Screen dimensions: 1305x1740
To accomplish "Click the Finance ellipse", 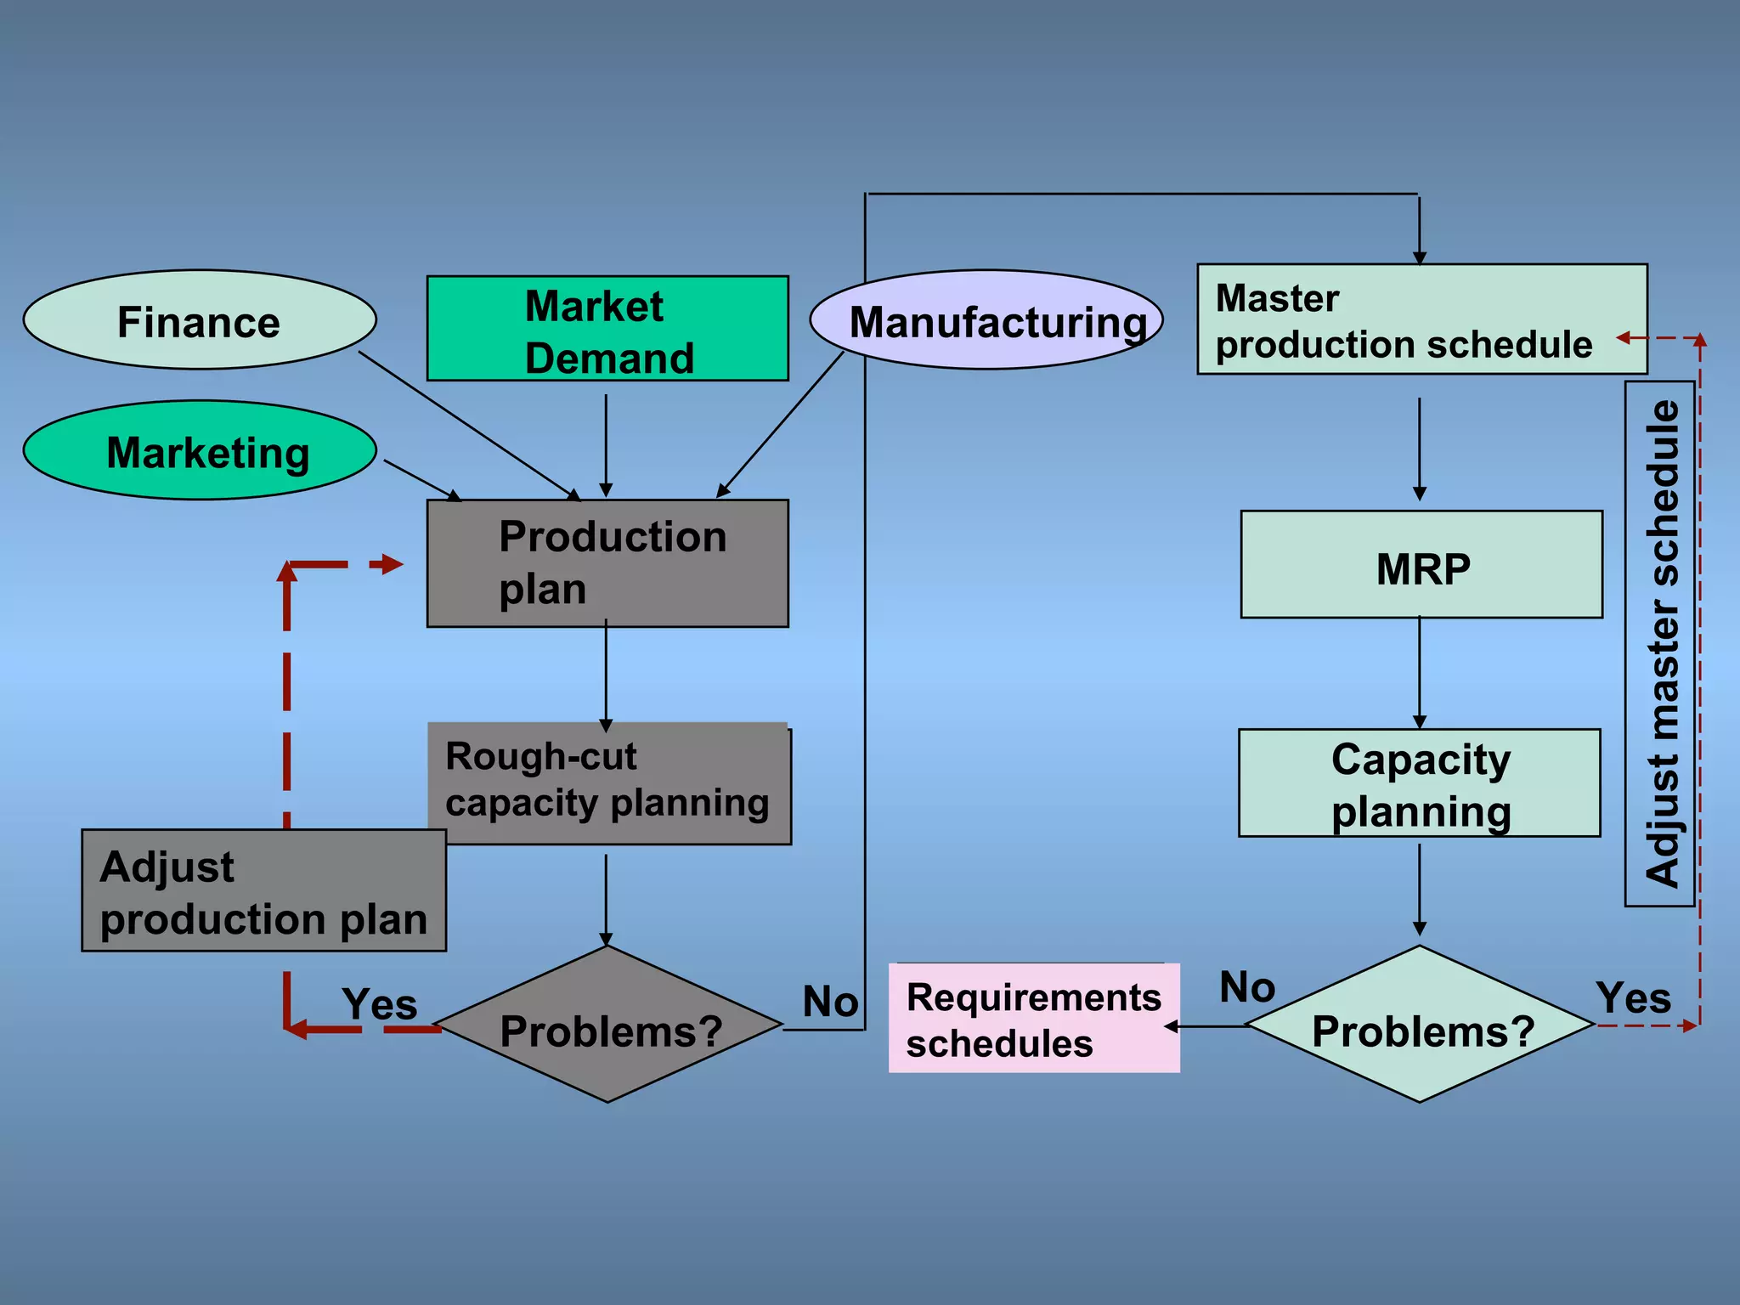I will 200,320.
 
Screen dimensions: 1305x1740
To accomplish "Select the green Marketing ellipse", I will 200,450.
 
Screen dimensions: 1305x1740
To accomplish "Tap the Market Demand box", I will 607,329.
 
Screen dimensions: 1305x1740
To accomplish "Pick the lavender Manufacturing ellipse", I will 986,320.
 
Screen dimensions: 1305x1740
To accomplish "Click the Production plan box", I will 607,563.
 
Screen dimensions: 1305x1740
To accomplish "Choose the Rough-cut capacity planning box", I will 609,783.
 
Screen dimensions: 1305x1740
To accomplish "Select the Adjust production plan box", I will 263,890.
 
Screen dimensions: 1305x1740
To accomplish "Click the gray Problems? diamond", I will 607,1025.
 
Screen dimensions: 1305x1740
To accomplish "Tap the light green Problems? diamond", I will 1420,1025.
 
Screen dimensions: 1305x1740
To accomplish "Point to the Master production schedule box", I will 1421,319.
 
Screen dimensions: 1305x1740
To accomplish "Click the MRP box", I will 1421,565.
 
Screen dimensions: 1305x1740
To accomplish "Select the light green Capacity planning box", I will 1420,783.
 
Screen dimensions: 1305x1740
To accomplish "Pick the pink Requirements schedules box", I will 1034,1019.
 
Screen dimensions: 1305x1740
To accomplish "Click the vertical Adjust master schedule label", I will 1660,644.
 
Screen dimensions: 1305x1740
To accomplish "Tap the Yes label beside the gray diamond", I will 380,1004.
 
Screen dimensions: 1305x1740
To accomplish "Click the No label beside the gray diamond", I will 830,1002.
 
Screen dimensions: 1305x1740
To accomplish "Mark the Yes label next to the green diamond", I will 1633,998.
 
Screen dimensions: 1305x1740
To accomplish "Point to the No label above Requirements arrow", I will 1247,987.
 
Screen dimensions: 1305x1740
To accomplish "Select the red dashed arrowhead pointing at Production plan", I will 392,564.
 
